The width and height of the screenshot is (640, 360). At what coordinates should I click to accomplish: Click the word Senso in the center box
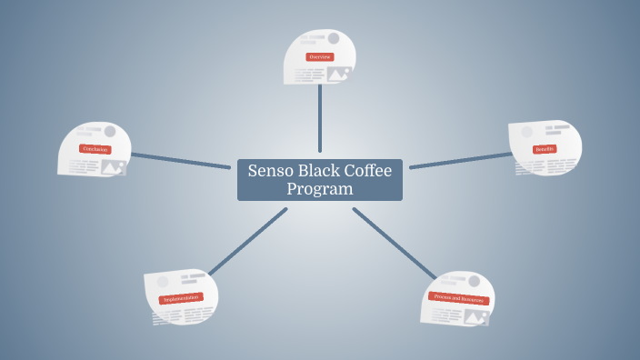click(271, 172)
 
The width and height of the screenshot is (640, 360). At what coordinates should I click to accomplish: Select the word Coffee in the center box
click(368, 172)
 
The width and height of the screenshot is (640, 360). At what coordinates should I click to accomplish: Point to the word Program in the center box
click(319, 189)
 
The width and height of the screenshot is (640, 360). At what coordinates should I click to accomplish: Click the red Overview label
click(319, 56)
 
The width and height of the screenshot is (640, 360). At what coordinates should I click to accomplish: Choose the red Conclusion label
click(95, 148)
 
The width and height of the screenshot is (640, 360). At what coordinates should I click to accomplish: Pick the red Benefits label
click(545, 148)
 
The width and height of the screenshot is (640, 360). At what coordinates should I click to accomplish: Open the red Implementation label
click(181, 298)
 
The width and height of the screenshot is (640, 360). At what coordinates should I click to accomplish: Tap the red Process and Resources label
click(459, 298)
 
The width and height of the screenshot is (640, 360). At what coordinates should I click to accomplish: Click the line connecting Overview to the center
click(320, 118)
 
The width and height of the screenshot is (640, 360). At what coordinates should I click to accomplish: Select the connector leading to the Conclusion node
click(182, 160)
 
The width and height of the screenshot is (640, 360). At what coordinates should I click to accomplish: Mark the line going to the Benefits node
click(459, 160)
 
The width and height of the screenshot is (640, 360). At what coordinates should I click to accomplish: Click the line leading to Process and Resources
click(393, 243)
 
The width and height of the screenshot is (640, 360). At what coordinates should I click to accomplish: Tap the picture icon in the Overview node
click(339, 74)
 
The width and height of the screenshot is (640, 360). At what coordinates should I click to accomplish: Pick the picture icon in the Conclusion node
click(114, 166)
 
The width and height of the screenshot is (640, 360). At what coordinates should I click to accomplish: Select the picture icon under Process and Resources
click(475, 317)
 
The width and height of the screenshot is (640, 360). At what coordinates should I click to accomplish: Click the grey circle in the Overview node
click(334, 38)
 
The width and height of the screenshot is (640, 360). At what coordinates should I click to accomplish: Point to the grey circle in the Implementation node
click(163, 282)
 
